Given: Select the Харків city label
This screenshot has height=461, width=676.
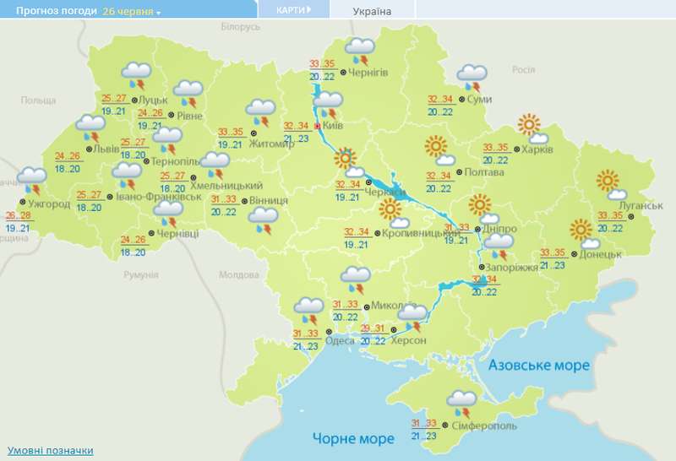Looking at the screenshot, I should pyautogui.click(x=537, y=149).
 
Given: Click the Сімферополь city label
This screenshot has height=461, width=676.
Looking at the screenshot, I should pyautogui.click(x=485, y=426).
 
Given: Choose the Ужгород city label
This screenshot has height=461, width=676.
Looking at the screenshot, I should pyautogui.click(x=48, y=205).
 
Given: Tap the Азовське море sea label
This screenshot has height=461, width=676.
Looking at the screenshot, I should pyautogui.click(x=538, y=365).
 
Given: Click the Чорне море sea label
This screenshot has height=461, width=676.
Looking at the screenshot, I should pyautogui.click(x=353, y=439).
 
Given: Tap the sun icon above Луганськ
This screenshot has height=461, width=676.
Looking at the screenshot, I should pyautogui.click(x=607, y=180).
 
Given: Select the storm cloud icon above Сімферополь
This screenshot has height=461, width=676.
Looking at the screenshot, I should pyautogui.click(x=461, y=399).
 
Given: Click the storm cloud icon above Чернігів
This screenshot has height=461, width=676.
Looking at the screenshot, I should pyautogui.click(x=361, y=48).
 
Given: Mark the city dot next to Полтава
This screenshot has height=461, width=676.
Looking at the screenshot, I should pyautogui.click(x=457, y=173).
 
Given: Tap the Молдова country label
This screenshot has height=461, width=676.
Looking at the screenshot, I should pyautogui.click(x=238, y=275).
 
